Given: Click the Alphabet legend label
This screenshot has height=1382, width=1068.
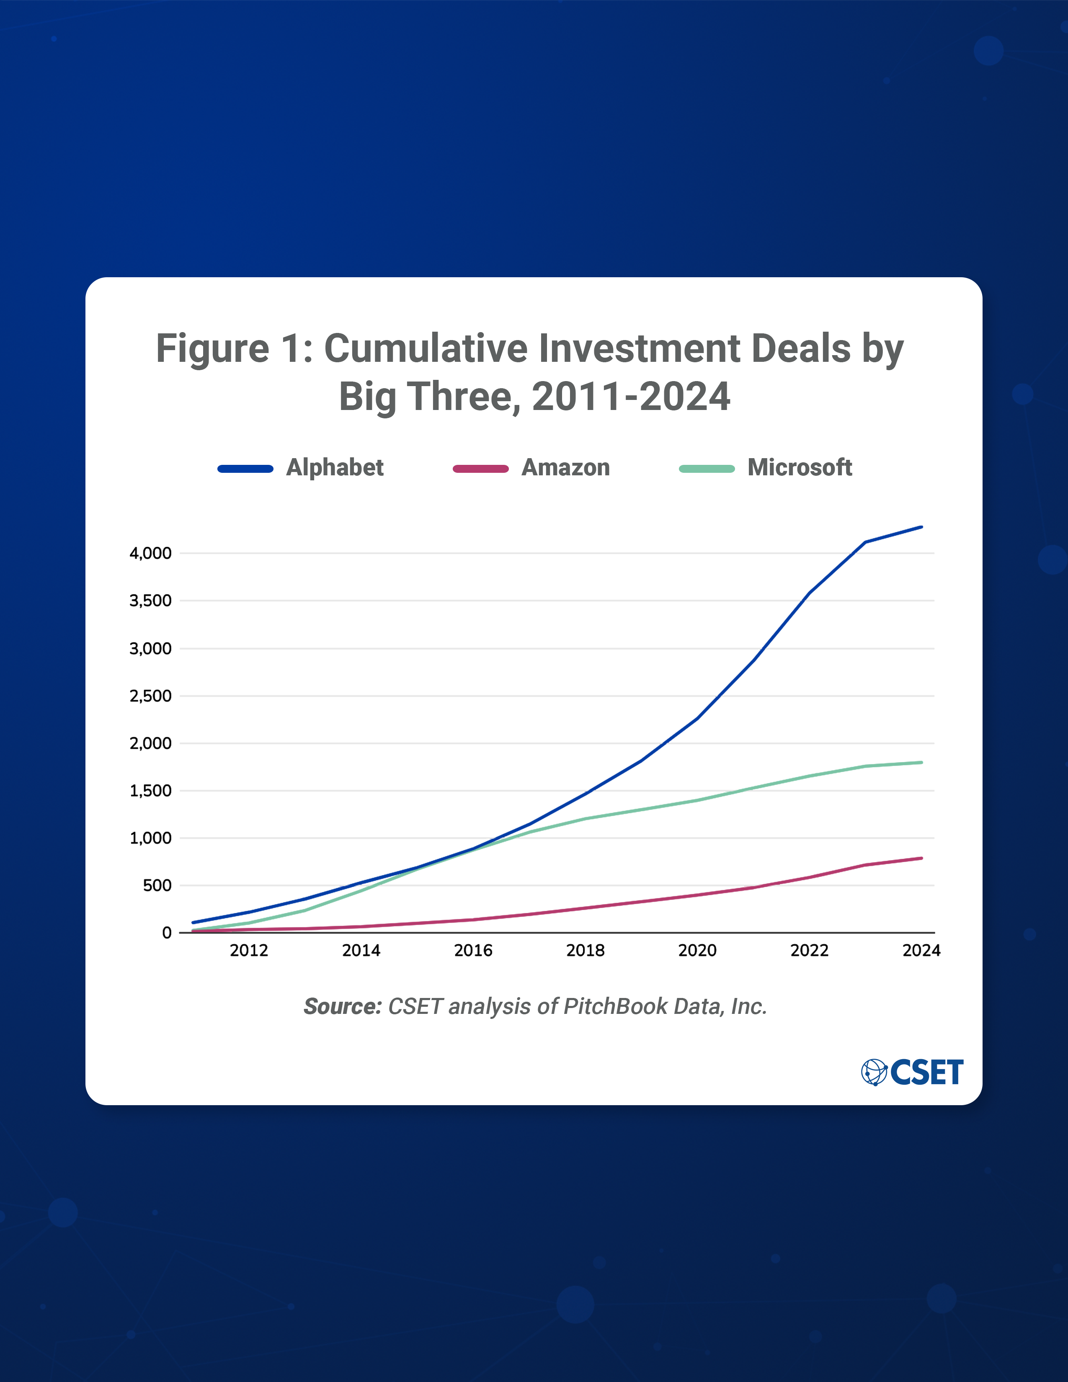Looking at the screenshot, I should [335, 468].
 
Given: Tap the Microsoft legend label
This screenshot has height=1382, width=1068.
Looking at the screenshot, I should [800, 468].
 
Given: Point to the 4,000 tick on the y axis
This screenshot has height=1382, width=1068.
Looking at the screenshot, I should [151, 553].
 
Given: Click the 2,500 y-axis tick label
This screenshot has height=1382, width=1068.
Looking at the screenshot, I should [151, 696].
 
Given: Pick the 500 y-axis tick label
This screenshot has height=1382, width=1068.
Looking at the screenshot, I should [157, 885].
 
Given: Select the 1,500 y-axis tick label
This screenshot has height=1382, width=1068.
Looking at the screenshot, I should [151, 790].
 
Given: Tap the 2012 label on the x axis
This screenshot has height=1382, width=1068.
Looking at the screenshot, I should [249, 951].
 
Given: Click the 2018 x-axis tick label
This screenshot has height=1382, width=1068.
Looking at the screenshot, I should [585, 951].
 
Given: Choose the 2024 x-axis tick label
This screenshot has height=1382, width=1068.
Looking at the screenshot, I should [921, 951].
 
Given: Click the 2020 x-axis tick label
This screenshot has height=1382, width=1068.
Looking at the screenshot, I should [697, 951].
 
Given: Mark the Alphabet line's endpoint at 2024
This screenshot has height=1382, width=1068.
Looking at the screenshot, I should [921, 526].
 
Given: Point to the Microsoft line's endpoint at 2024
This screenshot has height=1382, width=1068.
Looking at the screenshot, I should [921, 763].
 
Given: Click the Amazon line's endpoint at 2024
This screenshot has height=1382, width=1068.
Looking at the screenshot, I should [921, 858].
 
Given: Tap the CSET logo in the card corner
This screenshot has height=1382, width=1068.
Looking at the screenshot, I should [912, 1072].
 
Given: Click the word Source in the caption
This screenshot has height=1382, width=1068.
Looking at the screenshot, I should [342, 1006].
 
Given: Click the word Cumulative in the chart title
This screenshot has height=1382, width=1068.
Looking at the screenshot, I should [426, 349].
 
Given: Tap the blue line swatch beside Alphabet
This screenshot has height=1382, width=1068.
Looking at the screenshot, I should [245, 469].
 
